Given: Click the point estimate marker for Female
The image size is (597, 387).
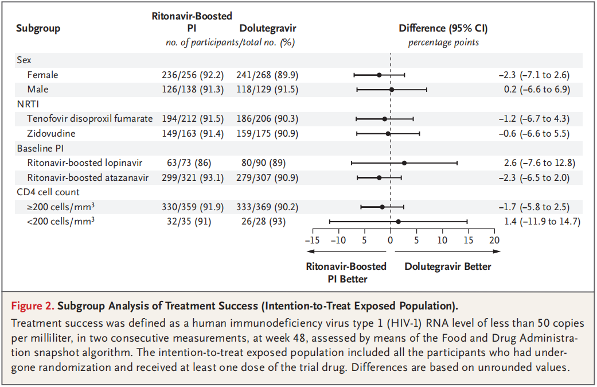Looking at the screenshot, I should pos(379,75).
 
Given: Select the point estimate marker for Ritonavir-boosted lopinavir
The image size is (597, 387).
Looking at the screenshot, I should pos(404,162).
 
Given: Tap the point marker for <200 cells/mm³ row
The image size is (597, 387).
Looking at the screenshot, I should pos(398,221).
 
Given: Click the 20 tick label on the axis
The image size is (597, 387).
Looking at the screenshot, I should pos(494,240).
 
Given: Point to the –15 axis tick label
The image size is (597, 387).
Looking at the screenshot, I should pos(311,240).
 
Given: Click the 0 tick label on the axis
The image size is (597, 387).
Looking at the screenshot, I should pos(391,240).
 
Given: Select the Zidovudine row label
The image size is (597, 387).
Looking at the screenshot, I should pos(51,133).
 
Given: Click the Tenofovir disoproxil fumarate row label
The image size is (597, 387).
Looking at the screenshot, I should pos(89,118).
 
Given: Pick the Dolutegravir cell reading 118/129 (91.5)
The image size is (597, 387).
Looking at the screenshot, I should pos(267,89).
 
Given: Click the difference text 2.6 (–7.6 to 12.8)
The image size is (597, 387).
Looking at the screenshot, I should pos(537,162).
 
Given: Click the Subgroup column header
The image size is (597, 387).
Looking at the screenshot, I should pos(38,28).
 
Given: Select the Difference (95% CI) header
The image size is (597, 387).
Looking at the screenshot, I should pos(443,28).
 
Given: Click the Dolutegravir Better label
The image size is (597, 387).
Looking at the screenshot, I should pos(448,266).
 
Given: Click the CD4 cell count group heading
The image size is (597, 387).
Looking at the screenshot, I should pos(48,192).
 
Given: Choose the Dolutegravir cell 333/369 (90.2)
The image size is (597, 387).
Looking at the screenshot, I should pos(267,207).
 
